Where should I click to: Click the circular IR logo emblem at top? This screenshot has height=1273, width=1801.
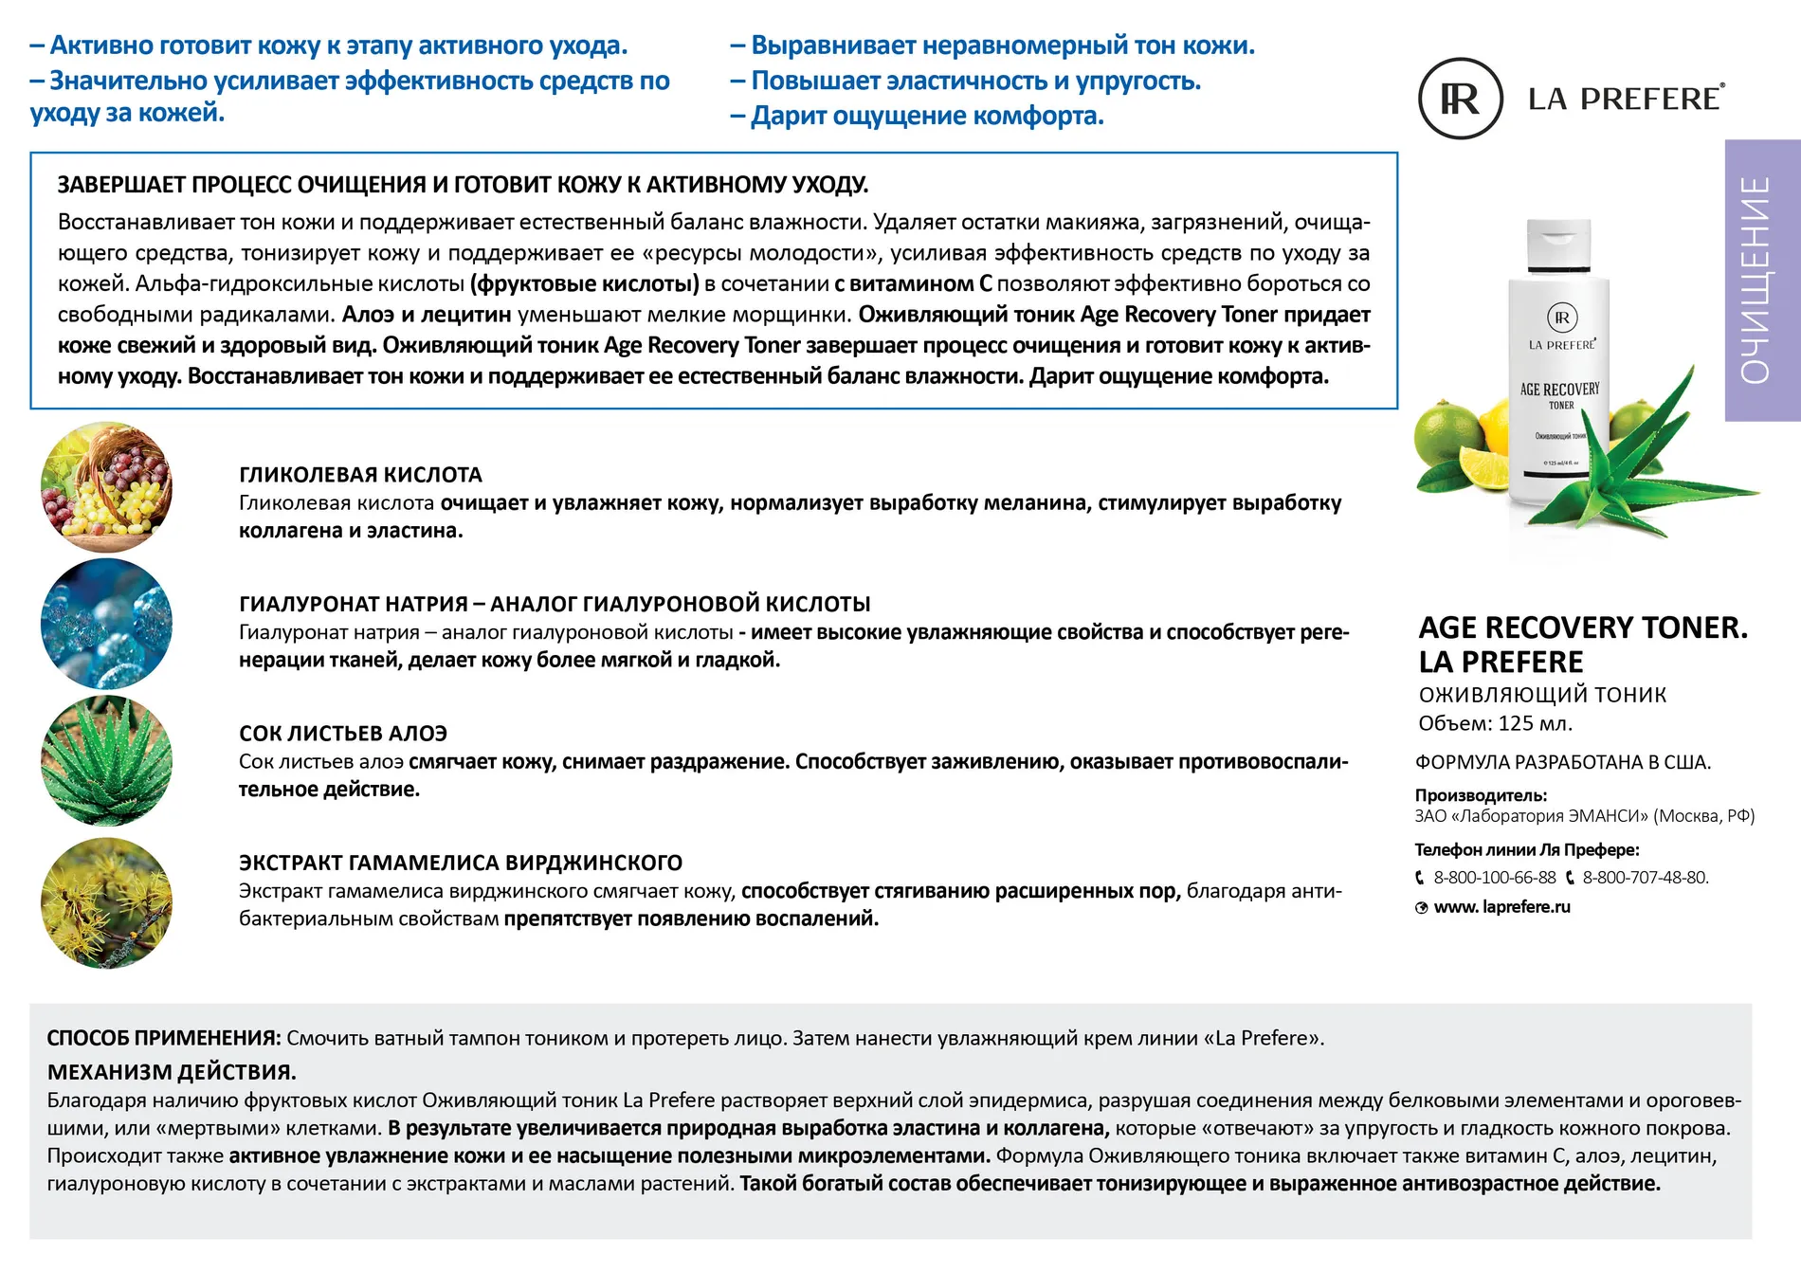tap(1460, 99)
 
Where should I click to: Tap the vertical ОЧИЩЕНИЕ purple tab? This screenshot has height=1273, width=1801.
tap(1761, 280)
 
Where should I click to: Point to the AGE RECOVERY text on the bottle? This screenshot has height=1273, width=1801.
tap(1559, 390)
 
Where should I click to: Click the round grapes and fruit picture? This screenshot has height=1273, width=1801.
tap(106, 487)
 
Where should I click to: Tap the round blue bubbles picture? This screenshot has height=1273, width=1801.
tap(106, 624)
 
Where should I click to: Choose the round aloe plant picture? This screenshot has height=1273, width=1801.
tap(106, 760)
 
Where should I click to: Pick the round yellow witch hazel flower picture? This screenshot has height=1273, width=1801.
tap(106, 902)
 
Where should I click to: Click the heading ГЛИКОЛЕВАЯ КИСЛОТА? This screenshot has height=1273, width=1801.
tap(360, 475)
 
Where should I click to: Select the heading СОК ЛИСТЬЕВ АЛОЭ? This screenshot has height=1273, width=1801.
tap(342, 734)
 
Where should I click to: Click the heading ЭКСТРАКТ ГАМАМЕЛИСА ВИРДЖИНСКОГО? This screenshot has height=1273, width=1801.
tap(460, 864)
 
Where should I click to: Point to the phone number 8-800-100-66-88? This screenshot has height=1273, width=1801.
tap(1494, 878)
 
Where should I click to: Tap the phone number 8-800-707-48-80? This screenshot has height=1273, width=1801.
tap(1645, 878)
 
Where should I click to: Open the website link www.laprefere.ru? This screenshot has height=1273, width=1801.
tap(1501, 907)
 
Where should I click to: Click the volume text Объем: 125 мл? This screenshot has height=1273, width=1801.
tap(1495, 724)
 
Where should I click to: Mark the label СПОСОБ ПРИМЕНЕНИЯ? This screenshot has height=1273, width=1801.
tap(164, 1038)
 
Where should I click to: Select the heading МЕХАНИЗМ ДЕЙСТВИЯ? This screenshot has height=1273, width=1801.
tap(172, 1072)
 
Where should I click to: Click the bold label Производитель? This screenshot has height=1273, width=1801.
tap(1481, 795)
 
